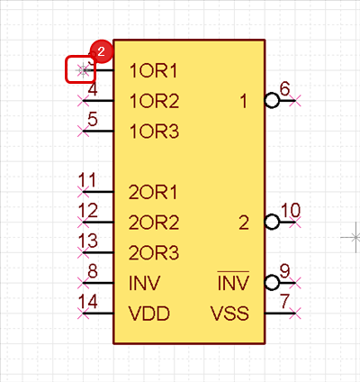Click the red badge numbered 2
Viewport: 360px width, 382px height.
101,51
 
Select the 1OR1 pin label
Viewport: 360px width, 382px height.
153,71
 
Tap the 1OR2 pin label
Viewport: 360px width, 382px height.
154,101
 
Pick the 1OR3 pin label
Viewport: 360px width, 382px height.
154,132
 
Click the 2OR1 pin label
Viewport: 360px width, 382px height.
153,192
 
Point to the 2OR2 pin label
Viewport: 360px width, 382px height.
154,223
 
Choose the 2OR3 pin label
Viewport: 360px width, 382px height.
154,253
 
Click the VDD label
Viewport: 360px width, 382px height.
149,314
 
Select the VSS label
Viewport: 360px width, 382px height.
229,314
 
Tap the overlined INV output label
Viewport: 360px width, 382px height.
233,281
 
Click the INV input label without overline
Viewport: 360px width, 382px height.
144,283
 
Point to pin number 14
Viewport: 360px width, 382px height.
88,302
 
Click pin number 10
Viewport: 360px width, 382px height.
291,210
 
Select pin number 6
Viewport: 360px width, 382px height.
284,89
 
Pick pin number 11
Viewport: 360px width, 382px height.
86,180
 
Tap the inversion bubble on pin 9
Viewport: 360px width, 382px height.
272,283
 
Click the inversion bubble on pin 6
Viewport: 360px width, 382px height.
272,101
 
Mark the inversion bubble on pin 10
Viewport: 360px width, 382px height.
272,223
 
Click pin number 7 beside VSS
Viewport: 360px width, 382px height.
284,301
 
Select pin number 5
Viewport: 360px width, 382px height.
93,119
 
